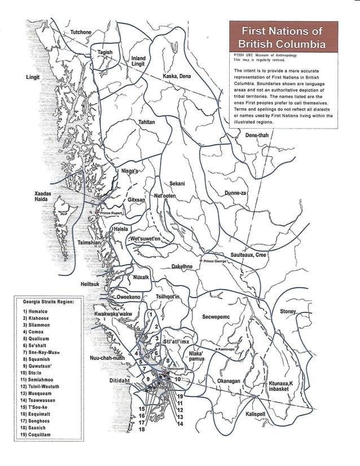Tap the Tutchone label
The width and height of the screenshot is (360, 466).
tap(80, 32)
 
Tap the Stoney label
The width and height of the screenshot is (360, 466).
tap(291, 312)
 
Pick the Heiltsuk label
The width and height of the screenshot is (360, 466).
tap(91, 284)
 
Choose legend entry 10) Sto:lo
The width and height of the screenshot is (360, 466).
tap(35, 373)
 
